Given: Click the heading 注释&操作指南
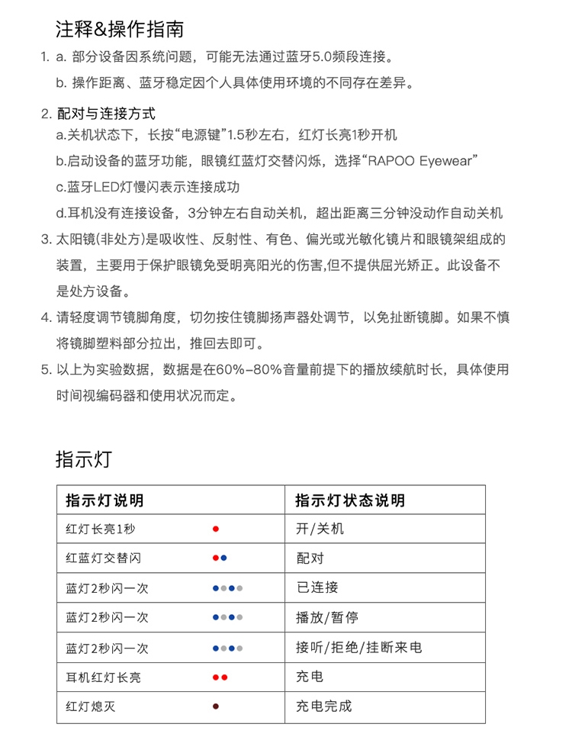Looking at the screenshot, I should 119,30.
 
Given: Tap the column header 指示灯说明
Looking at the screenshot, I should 104,500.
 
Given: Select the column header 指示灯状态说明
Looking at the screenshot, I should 350,500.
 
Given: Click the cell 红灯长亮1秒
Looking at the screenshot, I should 101,529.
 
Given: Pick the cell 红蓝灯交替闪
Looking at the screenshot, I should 104,558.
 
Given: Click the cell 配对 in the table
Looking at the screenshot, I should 310,558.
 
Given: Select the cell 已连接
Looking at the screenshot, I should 317,588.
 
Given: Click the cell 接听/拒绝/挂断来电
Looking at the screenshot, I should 358,648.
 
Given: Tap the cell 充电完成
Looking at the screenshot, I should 323,706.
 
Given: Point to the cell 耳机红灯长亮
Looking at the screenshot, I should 104,677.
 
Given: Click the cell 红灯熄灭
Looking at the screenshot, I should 91,706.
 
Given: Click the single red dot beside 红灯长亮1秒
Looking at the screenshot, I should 216,529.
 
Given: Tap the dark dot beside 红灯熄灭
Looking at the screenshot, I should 216,706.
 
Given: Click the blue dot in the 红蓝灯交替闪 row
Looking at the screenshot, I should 223,558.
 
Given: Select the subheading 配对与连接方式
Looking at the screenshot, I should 106,114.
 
